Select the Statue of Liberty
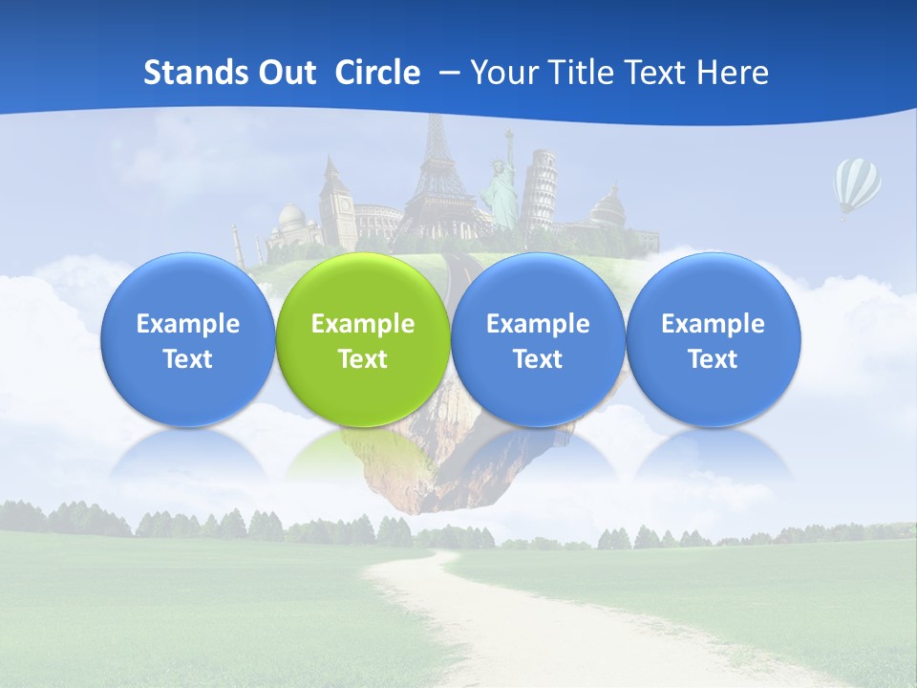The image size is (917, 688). [x=501, y=186]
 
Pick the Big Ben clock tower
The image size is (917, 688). [x=335, y=201]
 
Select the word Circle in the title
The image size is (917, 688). [x=377, y=73]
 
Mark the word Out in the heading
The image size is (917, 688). [x=286, y=73]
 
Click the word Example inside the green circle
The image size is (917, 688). [x=363, y=324]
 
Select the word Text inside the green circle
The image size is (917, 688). [x=363, y=359]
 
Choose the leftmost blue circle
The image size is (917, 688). [x=187, y=339]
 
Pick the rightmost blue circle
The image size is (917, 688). [x=713, y=339]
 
